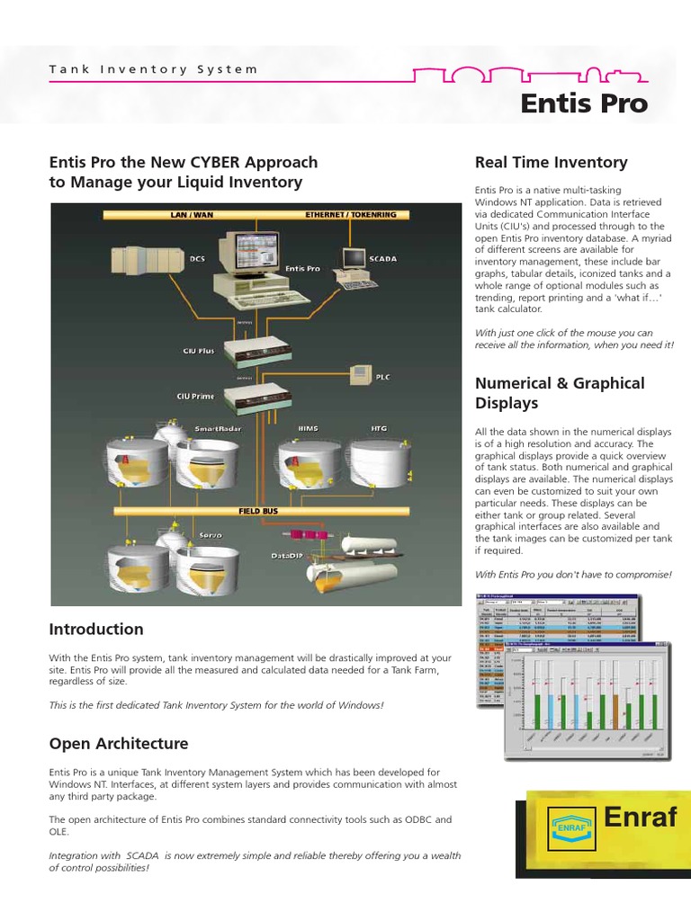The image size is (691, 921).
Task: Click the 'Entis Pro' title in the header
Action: pos(584,103)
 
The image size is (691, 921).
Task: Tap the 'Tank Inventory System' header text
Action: pos(153,69)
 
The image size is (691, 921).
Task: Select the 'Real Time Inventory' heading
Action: pos(551,162)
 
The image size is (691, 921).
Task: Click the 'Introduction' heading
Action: pos(96,629)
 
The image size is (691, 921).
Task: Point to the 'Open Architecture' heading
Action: pos(119,744)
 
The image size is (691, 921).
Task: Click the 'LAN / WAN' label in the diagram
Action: pos(191,215)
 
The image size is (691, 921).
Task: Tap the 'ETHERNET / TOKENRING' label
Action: pos(350,215)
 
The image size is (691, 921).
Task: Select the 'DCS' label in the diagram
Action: pos(196,258)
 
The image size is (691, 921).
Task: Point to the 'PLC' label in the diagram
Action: pos(382,377)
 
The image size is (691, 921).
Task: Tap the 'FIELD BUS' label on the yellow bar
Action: pos(256,510)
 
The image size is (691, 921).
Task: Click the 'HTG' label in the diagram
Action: pos(380,430)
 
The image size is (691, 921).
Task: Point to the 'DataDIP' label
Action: pos(287,556)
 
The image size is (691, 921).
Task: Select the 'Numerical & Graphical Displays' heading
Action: pos(560,393)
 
